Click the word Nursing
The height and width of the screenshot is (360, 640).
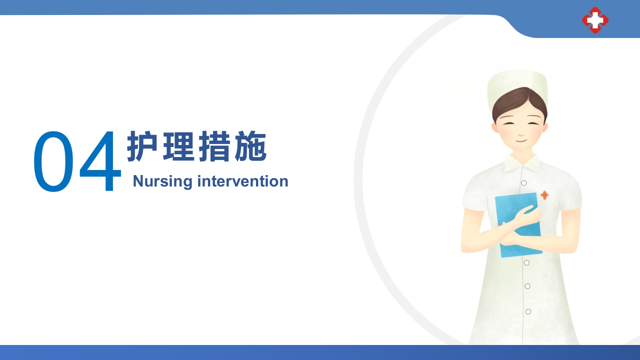162,181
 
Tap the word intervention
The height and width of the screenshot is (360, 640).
242,181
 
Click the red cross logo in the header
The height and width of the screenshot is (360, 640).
595,20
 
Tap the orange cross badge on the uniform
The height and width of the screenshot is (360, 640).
544,195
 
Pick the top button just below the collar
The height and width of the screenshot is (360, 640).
523,183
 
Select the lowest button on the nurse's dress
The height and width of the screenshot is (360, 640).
528,311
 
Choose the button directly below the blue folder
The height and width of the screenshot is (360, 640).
526,262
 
